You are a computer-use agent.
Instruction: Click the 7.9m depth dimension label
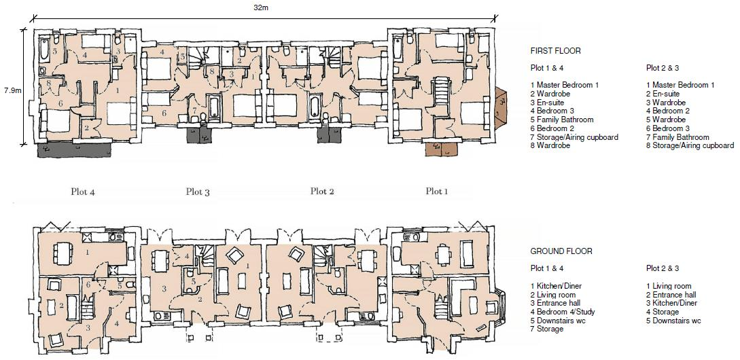tap(14, 90)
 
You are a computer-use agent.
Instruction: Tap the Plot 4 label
tap(83, 192)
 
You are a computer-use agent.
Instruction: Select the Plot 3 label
tap(198, 192)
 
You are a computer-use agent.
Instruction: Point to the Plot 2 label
tap(322, 192)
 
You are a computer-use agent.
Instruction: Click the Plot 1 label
tap(437, 192)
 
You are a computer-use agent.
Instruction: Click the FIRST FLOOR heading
tap(555, 51)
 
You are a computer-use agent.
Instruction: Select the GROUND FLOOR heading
tap(561, 251)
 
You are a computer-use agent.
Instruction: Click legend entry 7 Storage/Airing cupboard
tap(574, 137)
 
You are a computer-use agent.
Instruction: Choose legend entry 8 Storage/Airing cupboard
tap(690, 145)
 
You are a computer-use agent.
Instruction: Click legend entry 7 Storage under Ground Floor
tap(547, 329)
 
